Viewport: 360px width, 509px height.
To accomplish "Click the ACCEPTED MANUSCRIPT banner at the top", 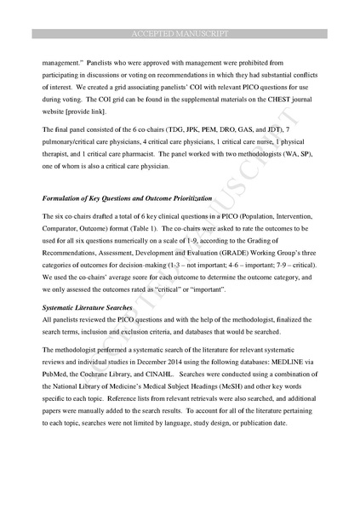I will point(180,33).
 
